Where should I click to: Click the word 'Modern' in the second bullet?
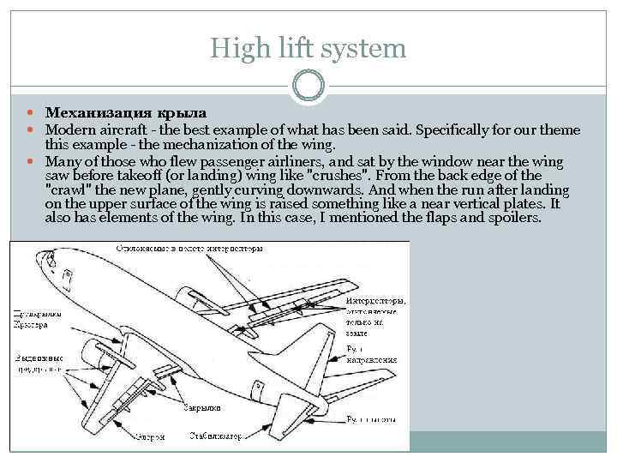pos(73,130)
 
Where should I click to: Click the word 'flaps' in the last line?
pos(425,218)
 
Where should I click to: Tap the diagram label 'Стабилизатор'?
pos(216,435)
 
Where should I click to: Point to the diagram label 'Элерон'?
pos(148,436)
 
